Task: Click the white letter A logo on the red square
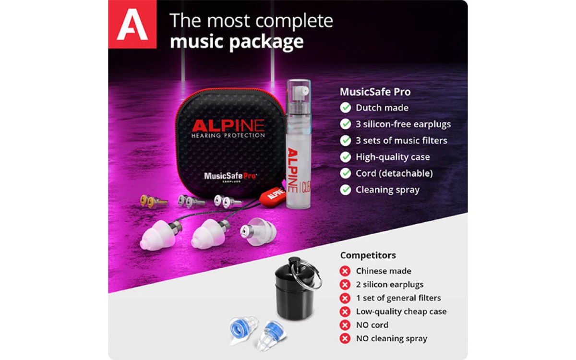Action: click(132, 24)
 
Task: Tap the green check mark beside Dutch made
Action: click(345, 108)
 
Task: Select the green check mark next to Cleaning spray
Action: click(345, 190)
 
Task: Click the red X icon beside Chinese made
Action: click(345, 271)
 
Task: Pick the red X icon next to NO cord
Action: click(345, 325)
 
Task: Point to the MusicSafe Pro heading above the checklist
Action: click(375, 92)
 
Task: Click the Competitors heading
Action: click(368, 255)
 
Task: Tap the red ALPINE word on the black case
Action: click(228, 125)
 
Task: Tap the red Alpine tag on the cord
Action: click(272, 197)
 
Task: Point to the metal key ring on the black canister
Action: click(309, 275)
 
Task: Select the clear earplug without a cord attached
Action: click(258, 231)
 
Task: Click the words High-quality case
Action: click(393, 157)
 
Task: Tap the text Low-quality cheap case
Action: click(401, 312)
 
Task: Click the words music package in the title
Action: click(237, 42)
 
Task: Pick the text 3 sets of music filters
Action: click(401, 141)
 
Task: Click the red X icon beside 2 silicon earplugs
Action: click(345, 285)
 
